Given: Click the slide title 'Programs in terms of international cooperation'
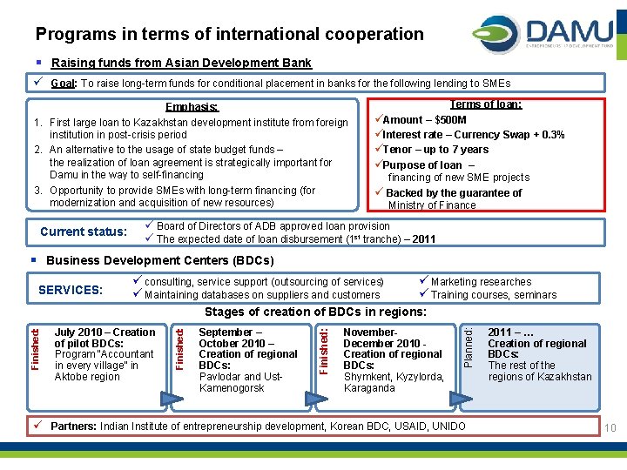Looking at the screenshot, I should [229, 35].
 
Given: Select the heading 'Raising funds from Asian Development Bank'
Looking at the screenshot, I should [181, 63].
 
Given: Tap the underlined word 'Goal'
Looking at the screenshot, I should [62, 84].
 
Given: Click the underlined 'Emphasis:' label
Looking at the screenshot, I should [191, 108].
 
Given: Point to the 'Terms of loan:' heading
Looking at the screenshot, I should [485, 104].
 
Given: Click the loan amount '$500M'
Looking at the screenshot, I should [450, 120].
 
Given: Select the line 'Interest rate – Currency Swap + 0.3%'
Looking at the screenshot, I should [473, 135].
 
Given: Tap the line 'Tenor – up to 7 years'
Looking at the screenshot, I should [435, 150].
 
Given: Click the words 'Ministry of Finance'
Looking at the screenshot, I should [432, 205].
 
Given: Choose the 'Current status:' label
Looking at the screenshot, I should [84, 232].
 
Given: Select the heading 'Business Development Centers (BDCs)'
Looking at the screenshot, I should [159, 261].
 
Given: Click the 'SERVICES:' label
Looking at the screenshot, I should [71, 289].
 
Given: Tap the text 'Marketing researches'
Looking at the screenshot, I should [481, 282].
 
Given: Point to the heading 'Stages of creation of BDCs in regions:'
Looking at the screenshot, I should [315, 312].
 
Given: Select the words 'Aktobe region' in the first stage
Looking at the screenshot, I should [87, 377].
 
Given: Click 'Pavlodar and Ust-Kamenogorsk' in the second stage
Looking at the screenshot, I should [240, 382].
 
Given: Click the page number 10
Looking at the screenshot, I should [610, 427].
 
